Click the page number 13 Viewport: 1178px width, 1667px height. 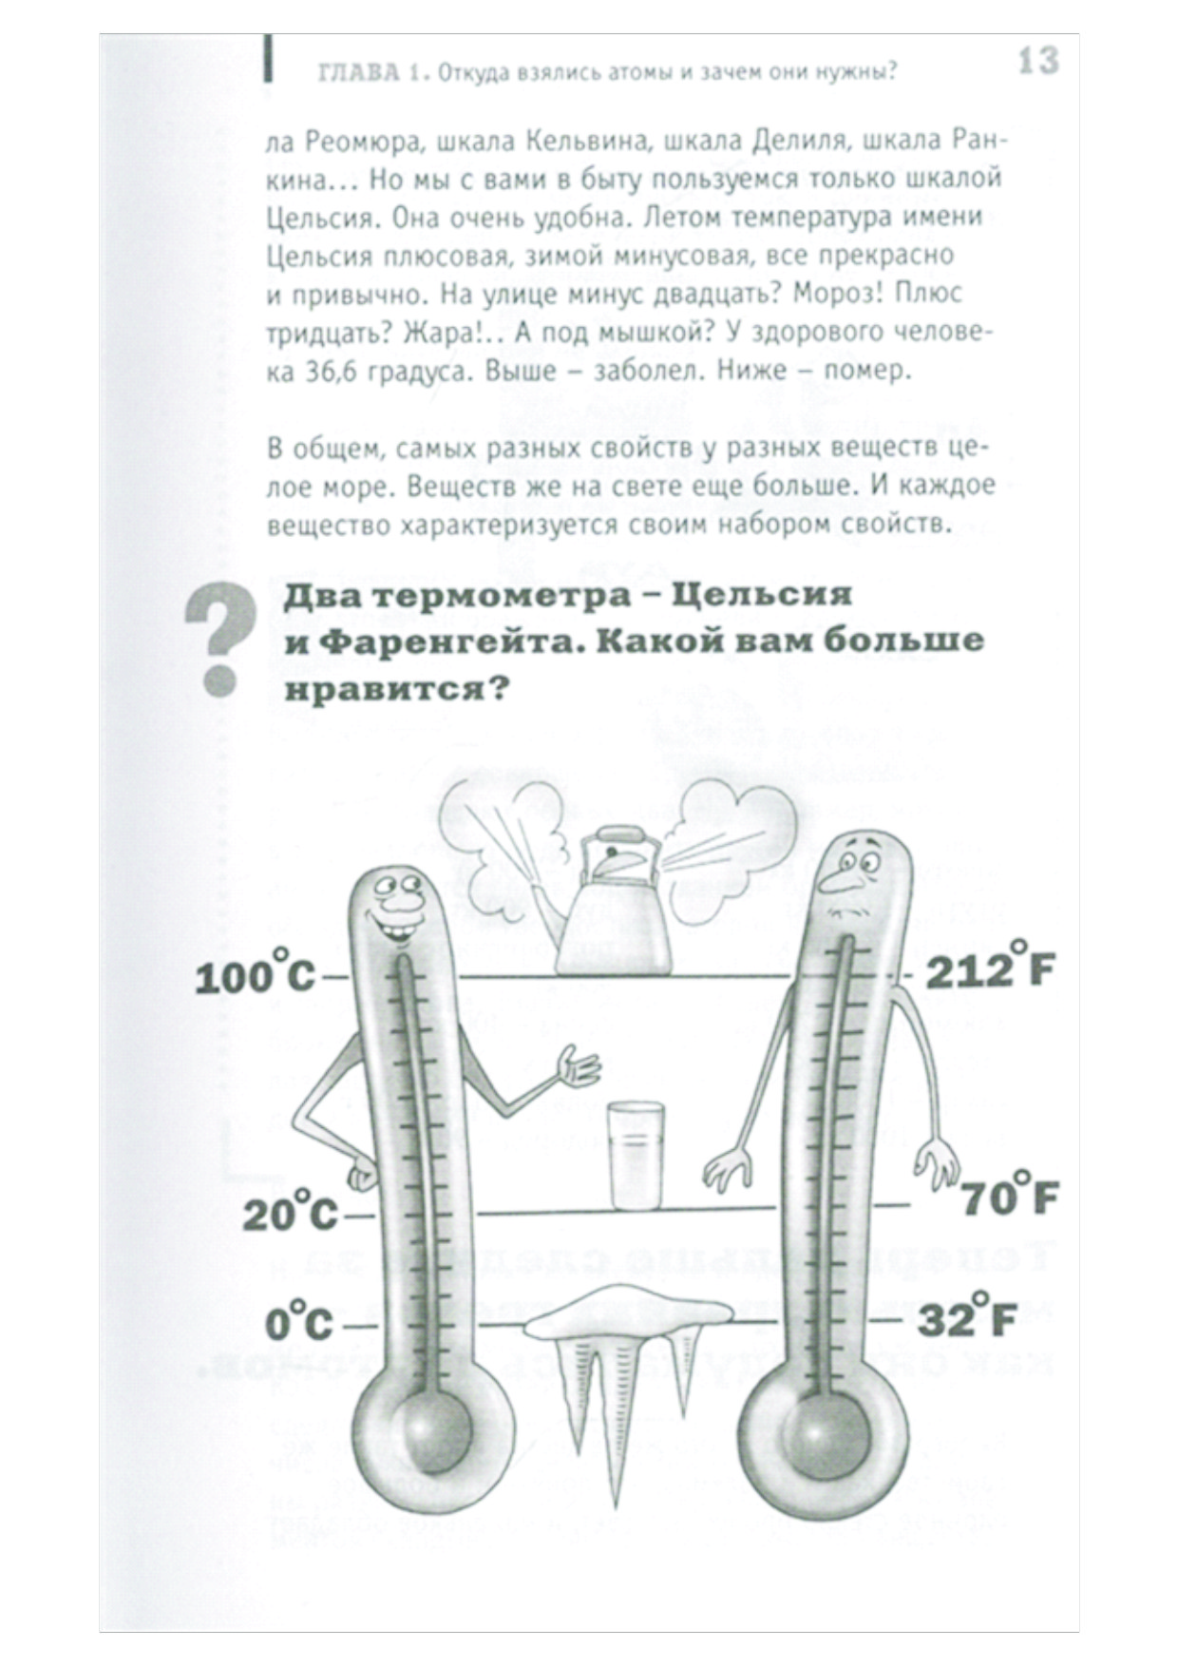(x=1037, y=62)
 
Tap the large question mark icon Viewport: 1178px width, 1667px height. (x=220, y=640)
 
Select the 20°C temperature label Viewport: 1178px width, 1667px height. (x=290, y=1211)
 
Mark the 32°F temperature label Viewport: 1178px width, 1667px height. (x=967, y=1318)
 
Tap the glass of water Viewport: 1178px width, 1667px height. (x=635, y=1155)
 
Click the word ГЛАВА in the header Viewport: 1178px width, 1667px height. (x=358, y=73)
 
